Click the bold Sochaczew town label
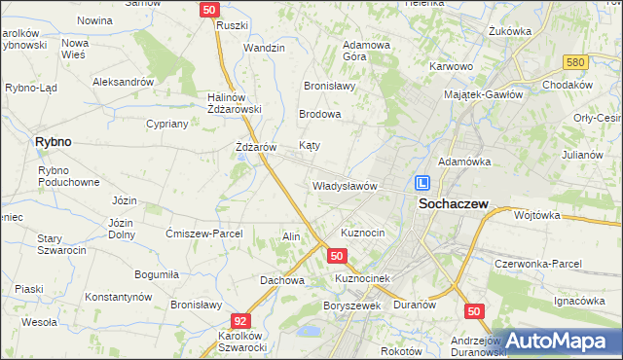point(453,204)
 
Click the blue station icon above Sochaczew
point(422,182)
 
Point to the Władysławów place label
point(344,186)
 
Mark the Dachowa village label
point(282,280)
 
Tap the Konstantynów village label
point(122,296)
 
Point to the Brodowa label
point(320,114)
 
